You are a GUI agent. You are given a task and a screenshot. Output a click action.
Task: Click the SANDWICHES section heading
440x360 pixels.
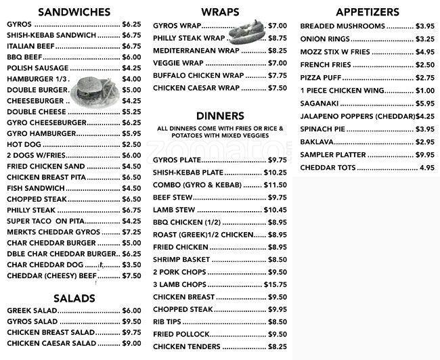(74, 12)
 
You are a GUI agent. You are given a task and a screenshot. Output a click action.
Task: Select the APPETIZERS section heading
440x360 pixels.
(368, 12)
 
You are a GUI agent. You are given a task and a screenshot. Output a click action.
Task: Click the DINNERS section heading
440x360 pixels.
(219, 116)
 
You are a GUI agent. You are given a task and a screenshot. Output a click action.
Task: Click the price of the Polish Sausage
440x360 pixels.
(131, 68)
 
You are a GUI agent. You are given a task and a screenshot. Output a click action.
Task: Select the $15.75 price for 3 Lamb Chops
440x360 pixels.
(276, 284)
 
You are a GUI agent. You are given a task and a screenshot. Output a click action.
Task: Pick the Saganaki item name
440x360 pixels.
(320, 104)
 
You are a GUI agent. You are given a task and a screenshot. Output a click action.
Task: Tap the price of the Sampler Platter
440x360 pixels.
(425, 155)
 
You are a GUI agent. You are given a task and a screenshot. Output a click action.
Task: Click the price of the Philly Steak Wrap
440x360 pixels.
(278, 38)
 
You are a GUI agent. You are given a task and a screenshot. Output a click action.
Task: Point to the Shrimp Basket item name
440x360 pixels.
(181, 259)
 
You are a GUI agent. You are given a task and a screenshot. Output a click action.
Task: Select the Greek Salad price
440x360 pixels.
(131, 311)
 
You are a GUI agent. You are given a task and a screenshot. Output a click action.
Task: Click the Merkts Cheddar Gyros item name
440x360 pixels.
(53, 231)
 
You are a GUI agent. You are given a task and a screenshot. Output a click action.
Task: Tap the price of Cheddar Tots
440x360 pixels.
(426, 168)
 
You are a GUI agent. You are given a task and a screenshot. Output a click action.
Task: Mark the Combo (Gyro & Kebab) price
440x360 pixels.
(276, 185)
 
